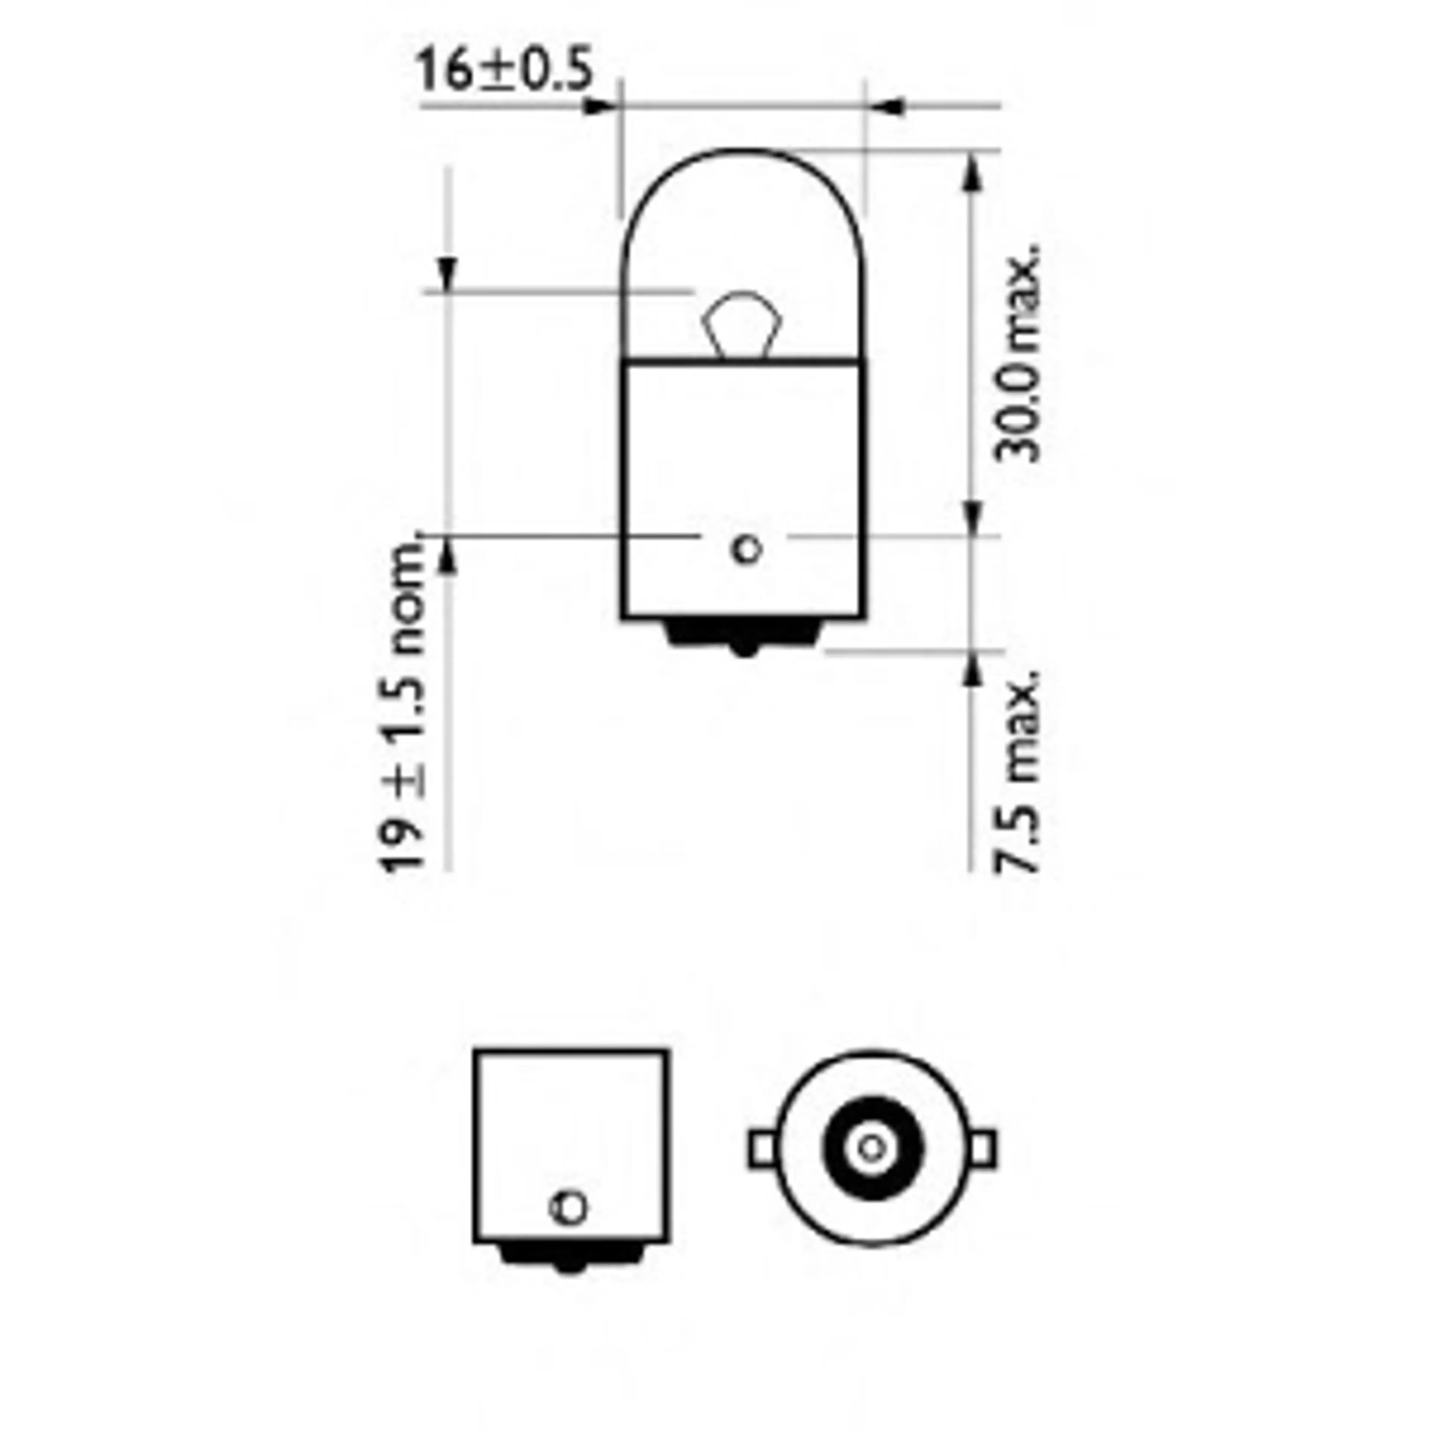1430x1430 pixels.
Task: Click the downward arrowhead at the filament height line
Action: pyautogui.click(x=447, y=274)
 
